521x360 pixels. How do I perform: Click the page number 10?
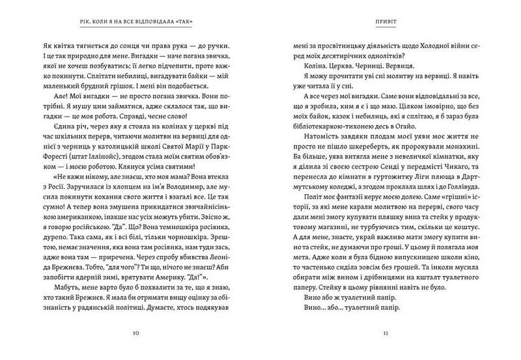point(135,333)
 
